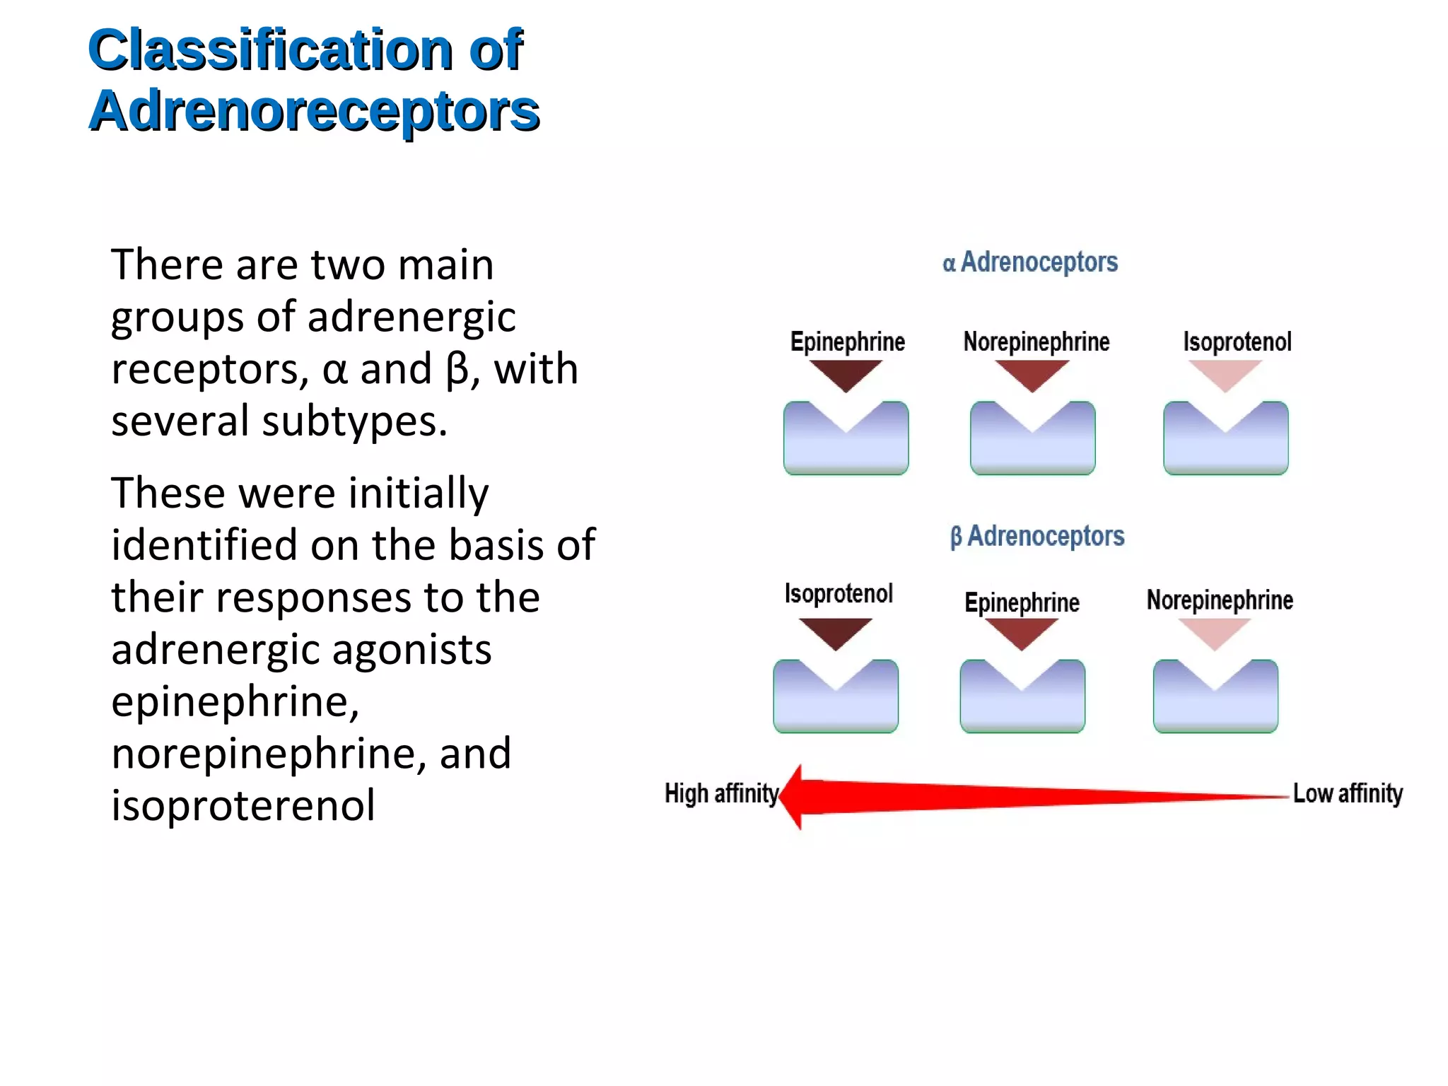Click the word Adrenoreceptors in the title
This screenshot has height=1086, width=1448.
(x=314, y=112)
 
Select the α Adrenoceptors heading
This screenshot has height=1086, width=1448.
(x=1030, y=262)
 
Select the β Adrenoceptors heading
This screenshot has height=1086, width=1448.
(x=1037, y=536)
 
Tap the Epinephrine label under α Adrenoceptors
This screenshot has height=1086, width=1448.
(x=847, y=342)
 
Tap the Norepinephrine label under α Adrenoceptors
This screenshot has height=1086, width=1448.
(x=1036, y=342)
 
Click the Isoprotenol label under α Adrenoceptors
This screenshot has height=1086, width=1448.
(x=1237, y=342)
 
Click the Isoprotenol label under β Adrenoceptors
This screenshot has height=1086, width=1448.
(x=839, y=594)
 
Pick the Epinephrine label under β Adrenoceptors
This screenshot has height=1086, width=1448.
(x=1022, y=602)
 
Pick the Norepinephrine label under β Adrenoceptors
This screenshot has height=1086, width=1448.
(x=1220, y=600)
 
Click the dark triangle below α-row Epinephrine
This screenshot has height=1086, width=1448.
(x=846, y=373)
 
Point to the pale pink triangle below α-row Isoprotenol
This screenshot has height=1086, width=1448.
(x=1225, y=373)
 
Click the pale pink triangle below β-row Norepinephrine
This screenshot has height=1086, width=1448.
(x=1214, y=631)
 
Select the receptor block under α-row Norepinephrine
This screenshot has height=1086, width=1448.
(x=1032, y=449)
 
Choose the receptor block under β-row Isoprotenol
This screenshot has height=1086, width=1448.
(x=836, y=707)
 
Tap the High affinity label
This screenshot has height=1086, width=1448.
(x=721, y=793)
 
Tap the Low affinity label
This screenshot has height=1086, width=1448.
(x=1348, y=793)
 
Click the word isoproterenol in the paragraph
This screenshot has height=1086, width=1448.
(x=243, y=806)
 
